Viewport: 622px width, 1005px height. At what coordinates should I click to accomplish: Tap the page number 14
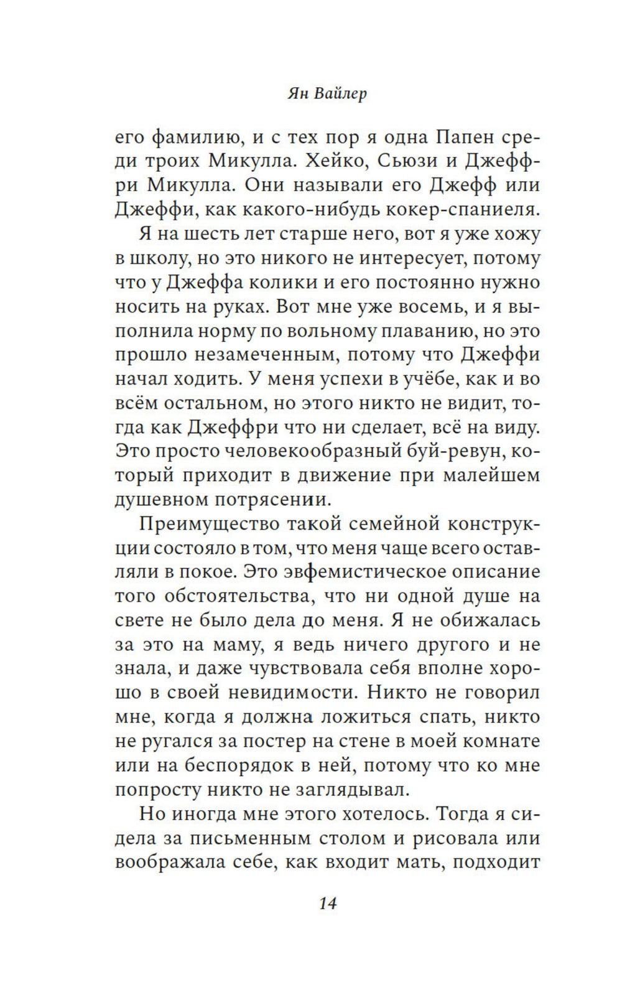click(327, 904)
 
